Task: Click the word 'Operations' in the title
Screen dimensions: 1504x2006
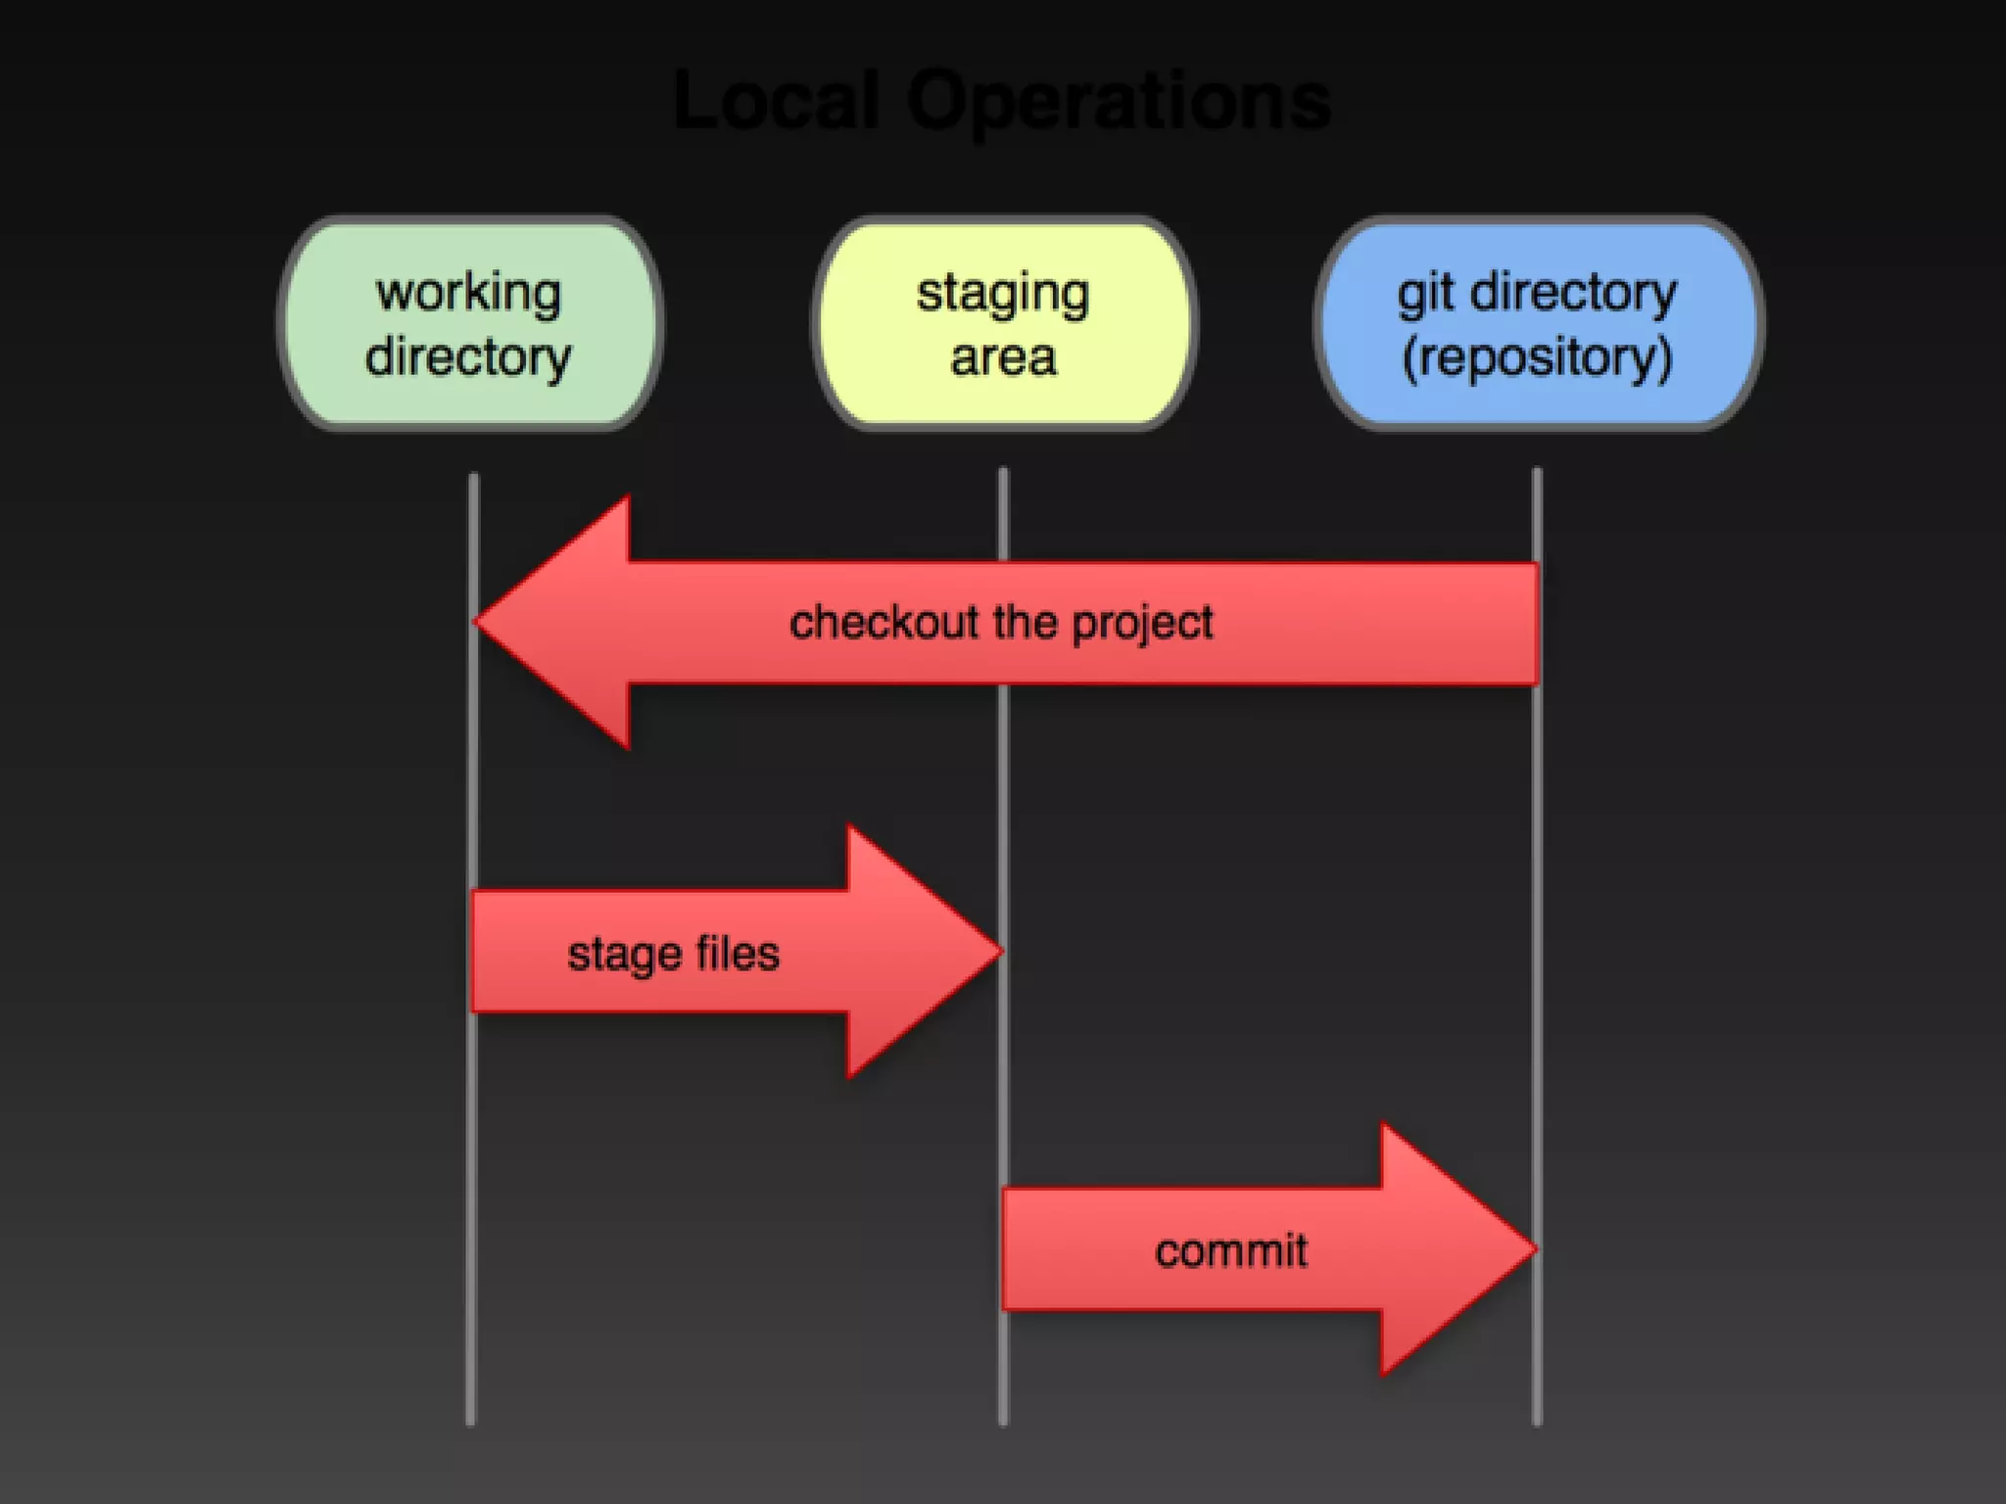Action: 1119,102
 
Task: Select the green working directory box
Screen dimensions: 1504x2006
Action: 470,323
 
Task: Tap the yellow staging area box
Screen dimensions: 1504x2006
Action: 1003,323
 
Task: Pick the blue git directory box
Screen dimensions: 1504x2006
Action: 1538,323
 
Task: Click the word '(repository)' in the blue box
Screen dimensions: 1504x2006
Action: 1537,357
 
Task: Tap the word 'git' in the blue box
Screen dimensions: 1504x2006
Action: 1425,292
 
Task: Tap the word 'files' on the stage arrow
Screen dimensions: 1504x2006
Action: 737,953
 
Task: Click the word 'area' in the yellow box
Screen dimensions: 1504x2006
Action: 1003,357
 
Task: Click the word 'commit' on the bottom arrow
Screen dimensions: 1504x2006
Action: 1230,1250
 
